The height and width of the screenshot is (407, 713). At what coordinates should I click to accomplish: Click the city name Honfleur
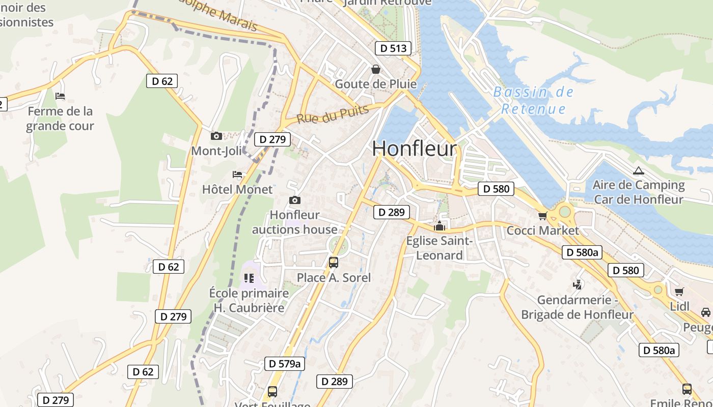click(415, 149)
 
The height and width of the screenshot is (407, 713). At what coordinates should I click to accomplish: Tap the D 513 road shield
click(393, 48)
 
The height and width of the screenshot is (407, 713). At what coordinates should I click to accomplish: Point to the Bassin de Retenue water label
click(534, 100)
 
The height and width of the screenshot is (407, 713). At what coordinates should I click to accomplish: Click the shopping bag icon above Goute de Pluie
click(376, 69)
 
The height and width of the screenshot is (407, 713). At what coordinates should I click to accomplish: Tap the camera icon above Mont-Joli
click(216, 136)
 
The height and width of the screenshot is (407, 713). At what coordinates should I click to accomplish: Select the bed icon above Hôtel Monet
click(237, 175)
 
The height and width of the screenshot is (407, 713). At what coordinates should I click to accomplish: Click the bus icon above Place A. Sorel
click(334, 263)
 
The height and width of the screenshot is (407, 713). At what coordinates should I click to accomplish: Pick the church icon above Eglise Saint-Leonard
click(439, 226)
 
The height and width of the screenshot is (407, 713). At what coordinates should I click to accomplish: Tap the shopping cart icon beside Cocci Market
click(542, 216)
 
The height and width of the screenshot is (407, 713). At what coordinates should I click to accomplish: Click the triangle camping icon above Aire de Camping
click(638, 170)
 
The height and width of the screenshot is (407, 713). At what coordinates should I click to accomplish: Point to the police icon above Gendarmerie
click(578, 285)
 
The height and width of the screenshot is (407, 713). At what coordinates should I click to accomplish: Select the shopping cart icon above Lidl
click(679, 292)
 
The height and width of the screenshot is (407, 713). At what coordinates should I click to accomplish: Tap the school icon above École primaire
click(249, 278)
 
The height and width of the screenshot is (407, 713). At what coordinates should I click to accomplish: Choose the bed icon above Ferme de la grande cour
click(60, 96)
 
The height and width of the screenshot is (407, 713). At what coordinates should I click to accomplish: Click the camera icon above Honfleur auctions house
click(294, 200)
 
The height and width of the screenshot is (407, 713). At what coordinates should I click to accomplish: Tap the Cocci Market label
click(542, 230)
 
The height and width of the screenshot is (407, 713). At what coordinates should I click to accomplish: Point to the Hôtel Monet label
click(237, 189)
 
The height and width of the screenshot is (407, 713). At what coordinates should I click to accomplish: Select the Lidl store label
click(679, 306)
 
